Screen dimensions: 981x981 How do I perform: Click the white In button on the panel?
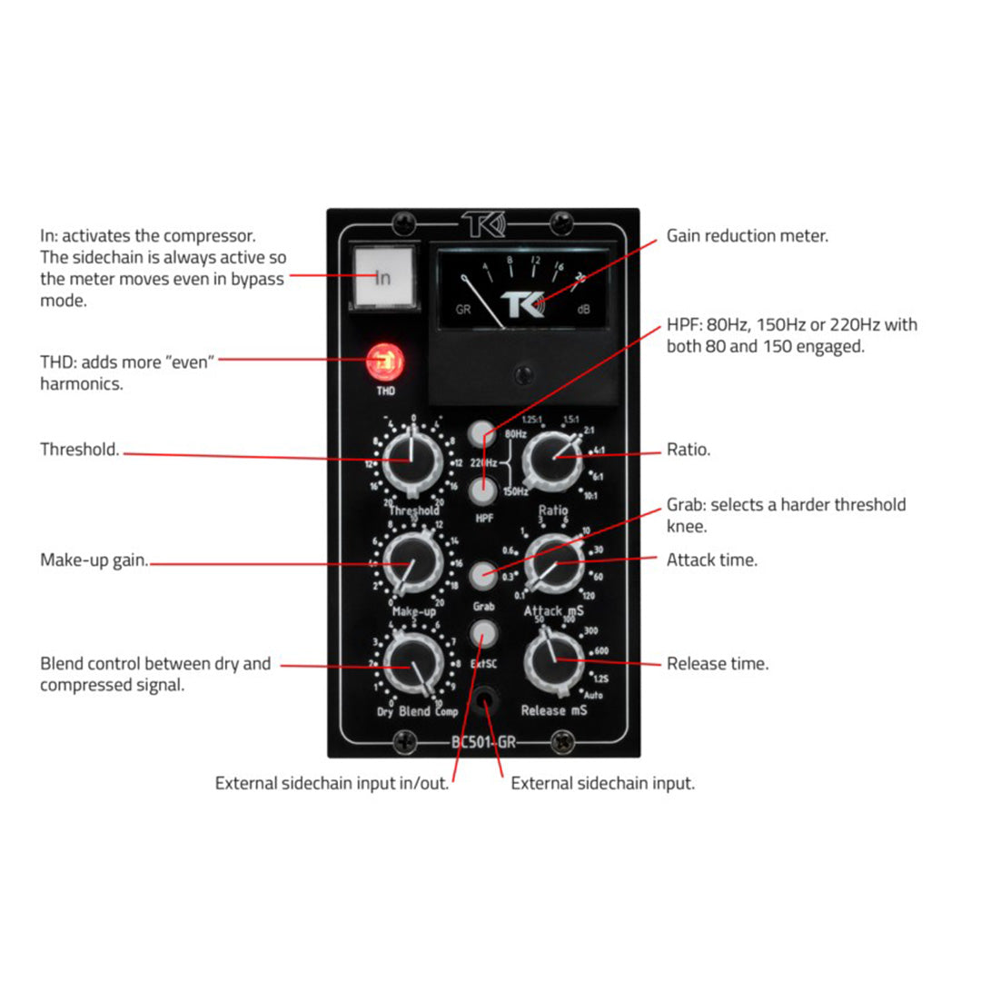tap(382, 276)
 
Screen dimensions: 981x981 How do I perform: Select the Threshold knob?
tap(412, 461)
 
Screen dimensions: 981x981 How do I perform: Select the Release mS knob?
tap(554, 660)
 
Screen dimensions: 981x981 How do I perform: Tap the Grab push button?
tap(483, 575)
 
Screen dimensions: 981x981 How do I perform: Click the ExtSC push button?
tap(483, 633)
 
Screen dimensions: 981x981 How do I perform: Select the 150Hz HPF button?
tap(483, 491)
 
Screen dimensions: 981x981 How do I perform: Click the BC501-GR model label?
tap(484, 742)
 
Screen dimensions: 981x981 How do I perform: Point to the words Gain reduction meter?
tap(748, 236)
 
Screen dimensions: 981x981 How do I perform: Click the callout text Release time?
tap(718, 664)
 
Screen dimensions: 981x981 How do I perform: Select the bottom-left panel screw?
tap(404, 742)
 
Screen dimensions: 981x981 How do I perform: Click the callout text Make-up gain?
tap(94, 560)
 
